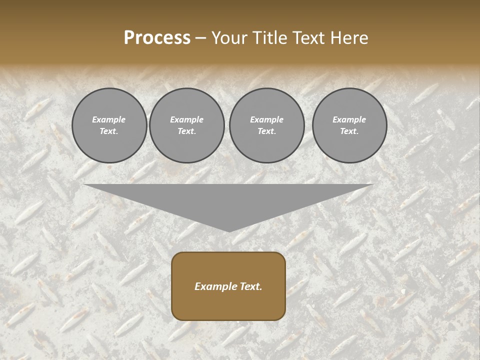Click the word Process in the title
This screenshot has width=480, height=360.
pyautogui.click(x=157, y=38)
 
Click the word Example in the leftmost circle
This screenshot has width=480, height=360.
pyautogui.click(x=109, y=119)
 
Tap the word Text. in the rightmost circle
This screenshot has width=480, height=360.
pyautogui.click(x=349, y=131)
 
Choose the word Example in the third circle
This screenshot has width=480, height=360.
pyautogui.click(x=266, y=119)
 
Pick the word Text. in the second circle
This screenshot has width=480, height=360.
pyautogui.click(x=186, y=131)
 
